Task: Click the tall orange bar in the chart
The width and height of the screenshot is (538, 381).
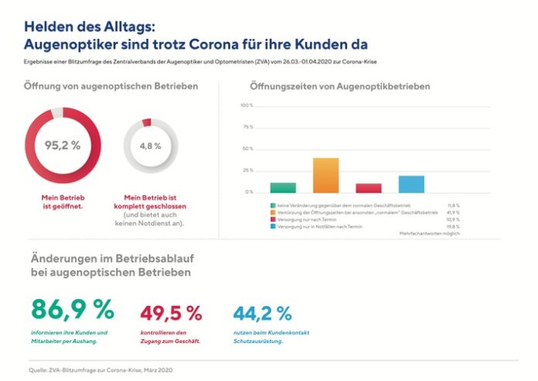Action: point(325,175)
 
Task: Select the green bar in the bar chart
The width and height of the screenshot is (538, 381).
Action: point(283,187)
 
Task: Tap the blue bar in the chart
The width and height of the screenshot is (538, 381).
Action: point(411,184)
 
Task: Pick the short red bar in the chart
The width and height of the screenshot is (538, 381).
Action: point(369,187)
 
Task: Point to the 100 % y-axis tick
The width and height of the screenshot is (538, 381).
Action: point(247,105)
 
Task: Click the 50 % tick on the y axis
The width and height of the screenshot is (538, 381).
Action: point(248,149)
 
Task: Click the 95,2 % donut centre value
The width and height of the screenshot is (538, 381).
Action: point(63,145)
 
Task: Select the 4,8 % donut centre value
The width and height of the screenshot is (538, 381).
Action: point(151,146)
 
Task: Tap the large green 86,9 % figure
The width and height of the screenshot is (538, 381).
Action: point(72,309)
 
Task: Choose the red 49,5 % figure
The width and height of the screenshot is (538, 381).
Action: point(171,313)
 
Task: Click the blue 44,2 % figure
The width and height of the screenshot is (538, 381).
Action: point(262,313)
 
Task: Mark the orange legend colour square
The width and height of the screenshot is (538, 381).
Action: point(273,211)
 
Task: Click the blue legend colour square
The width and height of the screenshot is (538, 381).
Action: point(273,225)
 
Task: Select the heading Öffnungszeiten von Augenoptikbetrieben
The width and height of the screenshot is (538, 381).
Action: point(340,86)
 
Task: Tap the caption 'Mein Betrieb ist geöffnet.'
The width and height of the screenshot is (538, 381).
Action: point(63,203)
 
